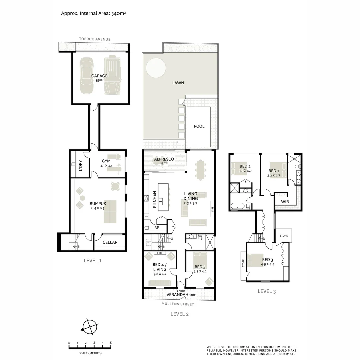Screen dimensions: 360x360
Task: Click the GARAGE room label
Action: [99, 76]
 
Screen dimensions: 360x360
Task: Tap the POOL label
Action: [199, 126]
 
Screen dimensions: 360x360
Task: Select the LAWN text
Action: [178, 83]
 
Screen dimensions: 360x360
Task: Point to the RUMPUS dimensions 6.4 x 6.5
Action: [98, 208]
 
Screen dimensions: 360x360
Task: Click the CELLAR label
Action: [110, 242]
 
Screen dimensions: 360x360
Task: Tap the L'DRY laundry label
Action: [80, 165]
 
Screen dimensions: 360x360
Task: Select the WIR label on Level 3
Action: [285, 202]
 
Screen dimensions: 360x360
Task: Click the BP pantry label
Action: [156, 228]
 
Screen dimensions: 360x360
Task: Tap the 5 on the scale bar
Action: [111, 343]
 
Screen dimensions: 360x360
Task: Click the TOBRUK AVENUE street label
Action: [95, 39]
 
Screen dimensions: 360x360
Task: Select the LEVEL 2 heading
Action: [180, 314]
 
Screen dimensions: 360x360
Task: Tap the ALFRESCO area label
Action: [164, 160]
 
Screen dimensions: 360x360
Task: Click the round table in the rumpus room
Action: [115, 186]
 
